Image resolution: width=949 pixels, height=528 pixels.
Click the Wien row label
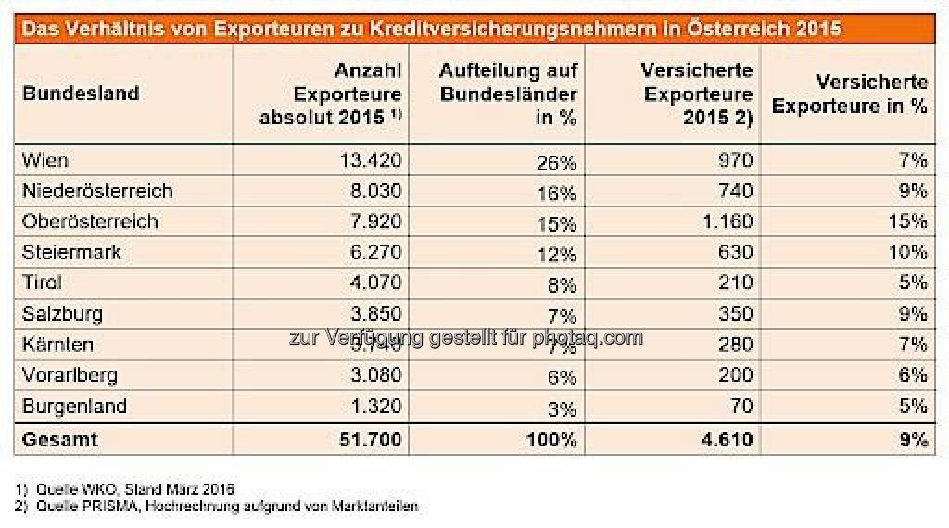pyautogui.click(x=45, y=160)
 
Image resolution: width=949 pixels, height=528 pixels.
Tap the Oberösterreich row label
pyautogui.click(x=90, y=221)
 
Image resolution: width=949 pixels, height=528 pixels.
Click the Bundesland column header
pyautogui.click(x=81, y=94)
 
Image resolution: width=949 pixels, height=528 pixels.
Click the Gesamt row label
pyautogui.click(x=60, y=440)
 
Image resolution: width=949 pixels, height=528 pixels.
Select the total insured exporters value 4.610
pyautogui.click(x=725, y=440)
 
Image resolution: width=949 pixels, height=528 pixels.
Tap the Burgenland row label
pyautogui.click(x=75, y=406)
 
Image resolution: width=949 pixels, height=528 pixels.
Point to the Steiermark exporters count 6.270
pyautogui.click(x=373, y=252)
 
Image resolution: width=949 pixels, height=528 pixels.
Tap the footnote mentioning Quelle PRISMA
pyautogui.click(x=223, y=506)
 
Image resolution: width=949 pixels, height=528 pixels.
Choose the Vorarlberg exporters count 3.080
pyautogui.click(x=373, y=375)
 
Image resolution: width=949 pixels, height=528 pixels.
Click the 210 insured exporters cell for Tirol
pyautogui.click(x=735, y=283)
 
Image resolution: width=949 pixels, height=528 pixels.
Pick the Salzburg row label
pyautogui.click(x=62, y=314)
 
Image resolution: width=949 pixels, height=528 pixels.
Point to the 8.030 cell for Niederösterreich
pyautogui.click(x=373, y=191)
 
